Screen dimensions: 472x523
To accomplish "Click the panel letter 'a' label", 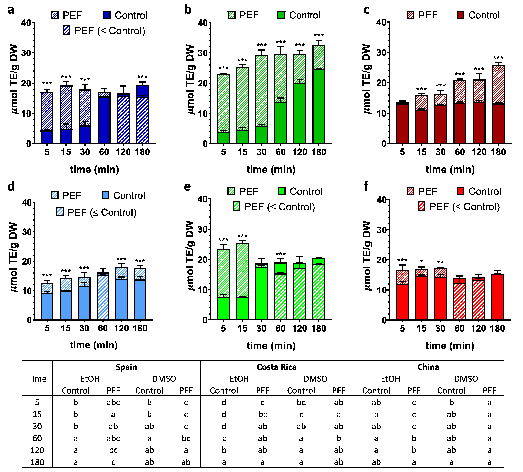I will (x=11, y=10).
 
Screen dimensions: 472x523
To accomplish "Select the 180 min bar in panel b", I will (x=319, y=95).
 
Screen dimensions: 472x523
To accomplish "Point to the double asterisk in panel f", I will (x=440, y=263).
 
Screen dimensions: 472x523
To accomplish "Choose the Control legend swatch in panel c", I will (x=460, y=15).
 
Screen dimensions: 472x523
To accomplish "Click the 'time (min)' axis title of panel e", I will (x=271, y=346).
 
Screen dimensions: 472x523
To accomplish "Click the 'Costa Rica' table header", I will (x=277, y=367).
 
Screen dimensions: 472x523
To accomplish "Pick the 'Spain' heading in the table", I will (x=126, y=367).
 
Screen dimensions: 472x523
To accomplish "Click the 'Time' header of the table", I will (x=37, y=379).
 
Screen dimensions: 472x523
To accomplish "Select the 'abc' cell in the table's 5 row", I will (x=113, y=402).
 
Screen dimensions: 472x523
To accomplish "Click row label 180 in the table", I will (x=37, y=462).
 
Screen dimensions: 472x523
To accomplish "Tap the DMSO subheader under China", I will (x=466, y=379).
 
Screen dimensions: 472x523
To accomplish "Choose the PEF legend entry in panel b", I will (x=243, y=15).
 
